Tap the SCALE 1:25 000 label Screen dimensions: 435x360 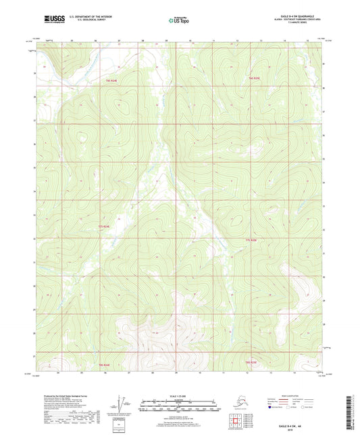pos(180,396)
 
